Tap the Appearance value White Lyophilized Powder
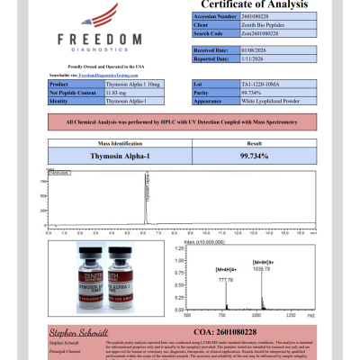click(267, 99)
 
